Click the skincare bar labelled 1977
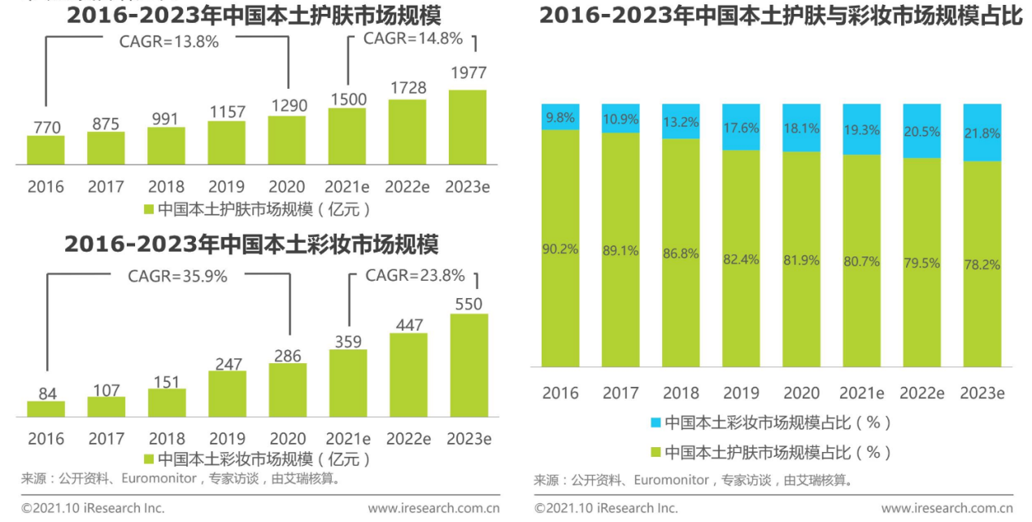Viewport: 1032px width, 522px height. point(468,127)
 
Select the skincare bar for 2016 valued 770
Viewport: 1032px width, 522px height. point(46,150)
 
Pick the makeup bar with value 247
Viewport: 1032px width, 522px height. point(227,394)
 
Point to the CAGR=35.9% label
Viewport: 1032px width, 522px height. point(177,276)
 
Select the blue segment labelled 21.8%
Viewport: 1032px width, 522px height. point(982,132)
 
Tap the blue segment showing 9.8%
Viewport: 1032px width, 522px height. point(560,116)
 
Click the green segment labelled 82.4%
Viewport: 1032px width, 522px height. point(741,259)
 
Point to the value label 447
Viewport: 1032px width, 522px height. point(408,325)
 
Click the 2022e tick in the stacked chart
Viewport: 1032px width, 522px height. point(921,393)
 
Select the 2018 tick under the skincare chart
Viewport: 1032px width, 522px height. point(166,187)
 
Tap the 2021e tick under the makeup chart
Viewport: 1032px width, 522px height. point(348,439)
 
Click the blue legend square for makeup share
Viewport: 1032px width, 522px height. point(655,423)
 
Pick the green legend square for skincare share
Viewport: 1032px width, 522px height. point(655,452)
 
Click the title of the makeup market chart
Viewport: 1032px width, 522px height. point(251,244)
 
